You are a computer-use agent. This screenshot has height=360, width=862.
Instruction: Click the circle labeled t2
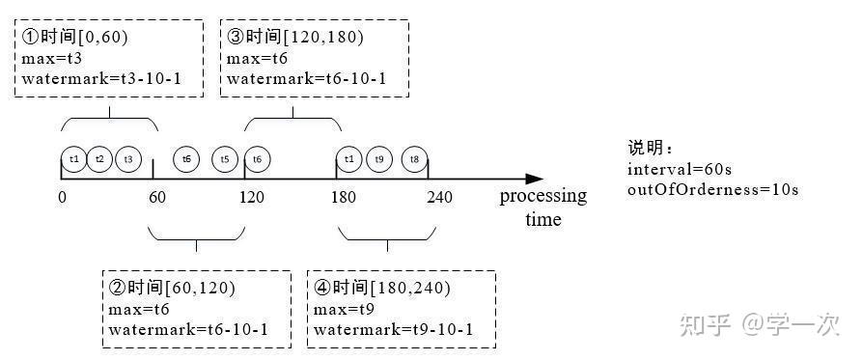pyautogui.click(x=99, y=158)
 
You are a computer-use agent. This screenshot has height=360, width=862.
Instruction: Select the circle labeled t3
pyautogui.click(x=128, y=158)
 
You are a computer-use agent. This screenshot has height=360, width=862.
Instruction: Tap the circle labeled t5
pyautogui.click(x=225, y=158)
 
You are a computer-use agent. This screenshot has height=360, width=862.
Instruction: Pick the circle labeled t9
pyautogui.click(x=380, y=158)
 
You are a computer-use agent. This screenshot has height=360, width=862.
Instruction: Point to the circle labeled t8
pyautogui.click(x=415, y=158)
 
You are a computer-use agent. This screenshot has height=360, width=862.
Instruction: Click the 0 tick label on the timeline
pyautogui.click(x=62, y=197)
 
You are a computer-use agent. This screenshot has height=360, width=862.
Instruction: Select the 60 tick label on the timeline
pyautogui.click(x=156, y=197)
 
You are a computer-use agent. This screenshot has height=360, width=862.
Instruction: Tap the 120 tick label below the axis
pyautogui.click(x=251, y=197)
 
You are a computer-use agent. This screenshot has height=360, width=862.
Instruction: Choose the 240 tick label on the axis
pyautogui.click(x=440, y=197)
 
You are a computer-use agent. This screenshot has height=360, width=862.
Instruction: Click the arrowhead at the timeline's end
pyautogui.click(x=534, y=179)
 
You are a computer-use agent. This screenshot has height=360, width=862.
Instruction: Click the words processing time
pyautogui.click(x=542, y=207)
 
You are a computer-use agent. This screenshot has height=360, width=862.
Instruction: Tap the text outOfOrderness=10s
pyautogui.click(x=712, y=189)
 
